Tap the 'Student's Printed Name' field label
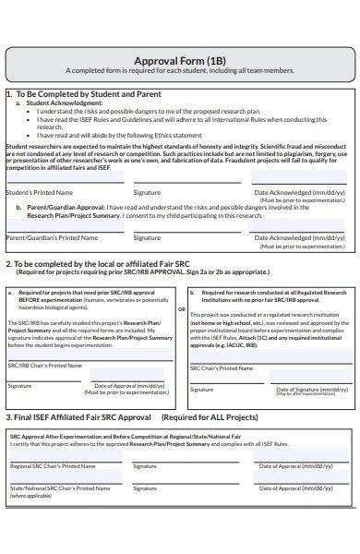tap(38, 192)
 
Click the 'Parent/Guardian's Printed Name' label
tap(52, 237)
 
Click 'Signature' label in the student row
tap(147, 192)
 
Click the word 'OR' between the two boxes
tap(181, 308)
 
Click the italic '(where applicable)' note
tap(30, 522)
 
